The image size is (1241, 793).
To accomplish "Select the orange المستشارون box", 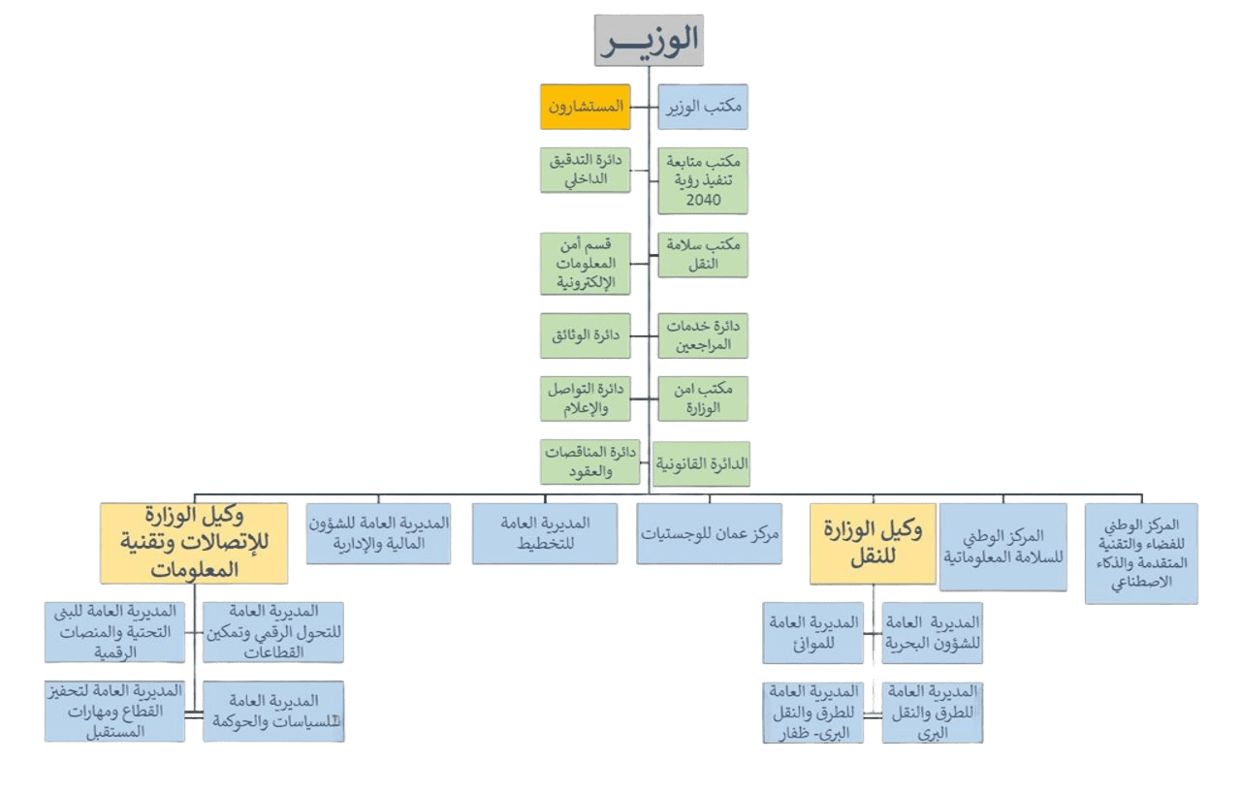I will [585, 108].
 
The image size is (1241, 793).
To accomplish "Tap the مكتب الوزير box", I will [704, 108].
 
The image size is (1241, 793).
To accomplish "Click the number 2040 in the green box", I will [704, 199].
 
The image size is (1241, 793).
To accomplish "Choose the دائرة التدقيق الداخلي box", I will [585, 170].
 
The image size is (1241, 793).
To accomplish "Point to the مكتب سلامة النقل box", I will [704, 254].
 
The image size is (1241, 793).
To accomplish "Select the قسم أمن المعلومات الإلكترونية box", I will [585, 263].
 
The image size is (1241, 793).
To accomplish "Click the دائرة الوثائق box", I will [585, 334].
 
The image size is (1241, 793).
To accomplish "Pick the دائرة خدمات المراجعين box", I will [704, 334].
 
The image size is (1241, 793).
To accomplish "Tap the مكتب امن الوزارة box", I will [704, 398].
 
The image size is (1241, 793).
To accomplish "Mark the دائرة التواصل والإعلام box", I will [585, 398].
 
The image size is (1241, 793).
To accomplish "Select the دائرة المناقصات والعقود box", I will [589, 462].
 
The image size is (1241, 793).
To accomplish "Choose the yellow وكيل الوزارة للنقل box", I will [873, 543].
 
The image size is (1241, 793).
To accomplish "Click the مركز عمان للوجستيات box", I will [712, 532].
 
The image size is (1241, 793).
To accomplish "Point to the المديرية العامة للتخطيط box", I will [544, 532].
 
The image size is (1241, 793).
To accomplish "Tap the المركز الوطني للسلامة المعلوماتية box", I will [1004, 547].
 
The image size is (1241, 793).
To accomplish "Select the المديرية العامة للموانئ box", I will [813, 632].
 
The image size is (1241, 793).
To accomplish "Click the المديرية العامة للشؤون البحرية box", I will [932, 632].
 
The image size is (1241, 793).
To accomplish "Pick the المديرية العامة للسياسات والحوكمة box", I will [273, 712].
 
